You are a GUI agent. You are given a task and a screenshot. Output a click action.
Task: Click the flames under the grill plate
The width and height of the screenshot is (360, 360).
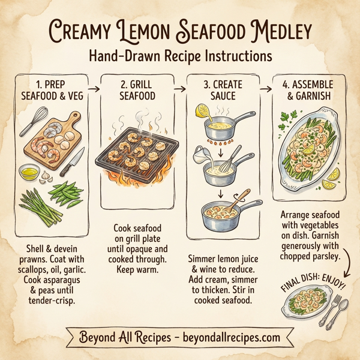135,180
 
